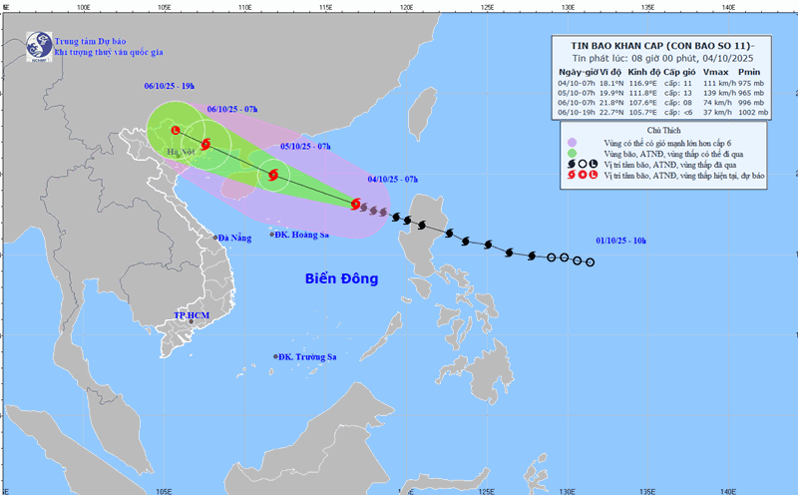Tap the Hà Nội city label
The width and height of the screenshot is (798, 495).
[182, 153]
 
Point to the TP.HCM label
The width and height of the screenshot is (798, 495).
[194, 315]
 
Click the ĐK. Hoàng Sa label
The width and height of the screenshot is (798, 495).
[302, 235]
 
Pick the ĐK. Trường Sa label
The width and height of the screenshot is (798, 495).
[306, 356]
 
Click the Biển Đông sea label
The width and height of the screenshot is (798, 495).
[341, 278]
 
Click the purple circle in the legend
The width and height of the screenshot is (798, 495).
[572, 144]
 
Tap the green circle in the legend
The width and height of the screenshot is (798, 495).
[572, 154]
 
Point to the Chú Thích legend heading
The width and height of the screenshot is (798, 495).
[663, 131]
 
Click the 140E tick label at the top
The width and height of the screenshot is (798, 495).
[728, 7]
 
